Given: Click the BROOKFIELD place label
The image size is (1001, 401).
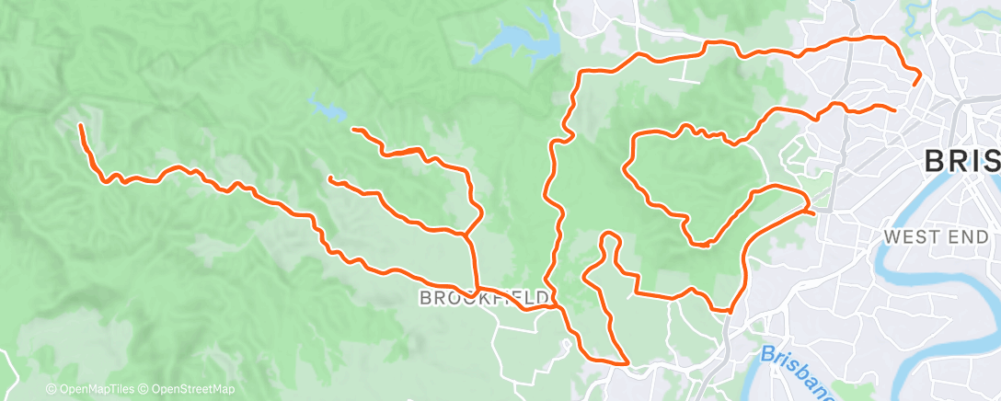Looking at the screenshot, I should [x=486, y=298].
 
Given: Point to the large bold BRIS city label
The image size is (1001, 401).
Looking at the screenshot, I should [x=961, y=162].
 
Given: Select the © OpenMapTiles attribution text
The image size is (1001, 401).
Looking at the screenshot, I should [x=89, y=390].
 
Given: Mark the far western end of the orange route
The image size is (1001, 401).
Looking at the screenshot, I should [x=81, y=125].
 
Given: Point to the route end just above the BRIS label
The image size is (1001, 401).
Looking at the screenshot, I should [x=894, y=109].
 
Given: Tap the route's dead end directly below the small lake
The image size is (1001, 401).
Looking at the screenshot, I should [x=353, y=130].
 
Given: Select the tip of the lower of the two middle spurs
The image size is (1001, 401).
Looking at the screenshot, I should [x=329, y=178].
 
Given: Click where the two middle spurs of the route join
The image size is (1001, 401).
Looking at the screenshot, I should [x=467, y=235].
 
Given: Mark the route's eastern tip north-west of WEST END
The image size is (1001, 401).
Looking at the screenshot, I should [x=813, y=212].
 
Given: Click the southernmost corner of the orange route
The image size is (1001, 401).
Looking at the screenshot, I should [x=627, y=363].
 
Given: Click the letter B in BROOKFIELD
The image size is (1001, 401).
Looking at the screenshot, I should [x=425, y=298].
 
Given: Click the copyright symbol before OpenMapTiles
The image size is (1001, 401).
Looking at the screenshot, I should [x=51, y=390].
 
